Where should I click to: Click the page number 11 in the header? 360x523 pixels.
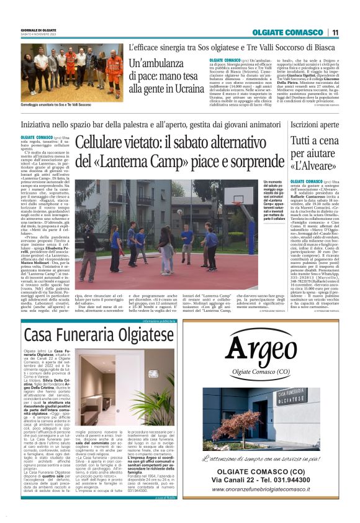(x=335, y=32)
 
